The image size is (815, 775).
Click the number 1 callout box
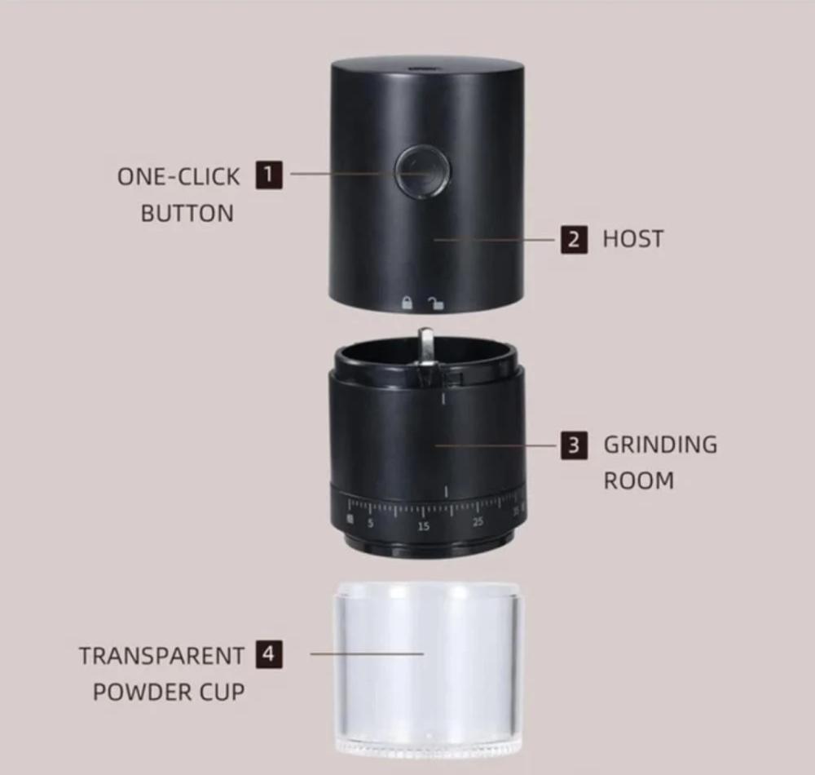[x=269, y=175]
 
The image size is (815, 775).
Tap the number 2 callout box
[x=574, y=239]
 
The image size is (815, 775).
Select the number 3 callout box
[x=574, y=445]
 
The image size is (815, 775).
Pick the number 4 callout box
[x=269, y=654]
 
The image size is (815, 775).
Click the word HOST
[x=633, y=239]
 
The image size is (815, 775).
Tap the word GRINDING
[x=660, y=445]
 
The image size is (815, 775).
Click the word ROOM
[x=639, y=480]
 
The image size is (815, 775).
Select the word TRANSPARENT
[x=161, y=656]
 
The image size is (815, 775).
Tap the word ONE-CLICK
[x=178, y=177]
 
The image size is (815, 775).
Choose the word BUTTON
[x=187, y=214]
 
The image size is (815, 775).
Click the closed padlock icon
[x=407, y=303]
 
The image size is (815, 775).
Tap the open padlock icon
[x=435, y=303]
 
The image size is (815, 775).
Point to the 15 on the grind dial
[x=424, y=526]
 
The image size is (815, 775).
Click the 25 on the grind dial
[x=478, y=521]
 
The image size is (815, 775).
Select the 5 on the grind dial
[x=371, y=523]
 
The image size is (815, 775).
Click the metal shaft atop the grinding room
[x=425, y=347]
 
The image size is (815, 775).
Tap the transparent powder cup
[x=427, y=668]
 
